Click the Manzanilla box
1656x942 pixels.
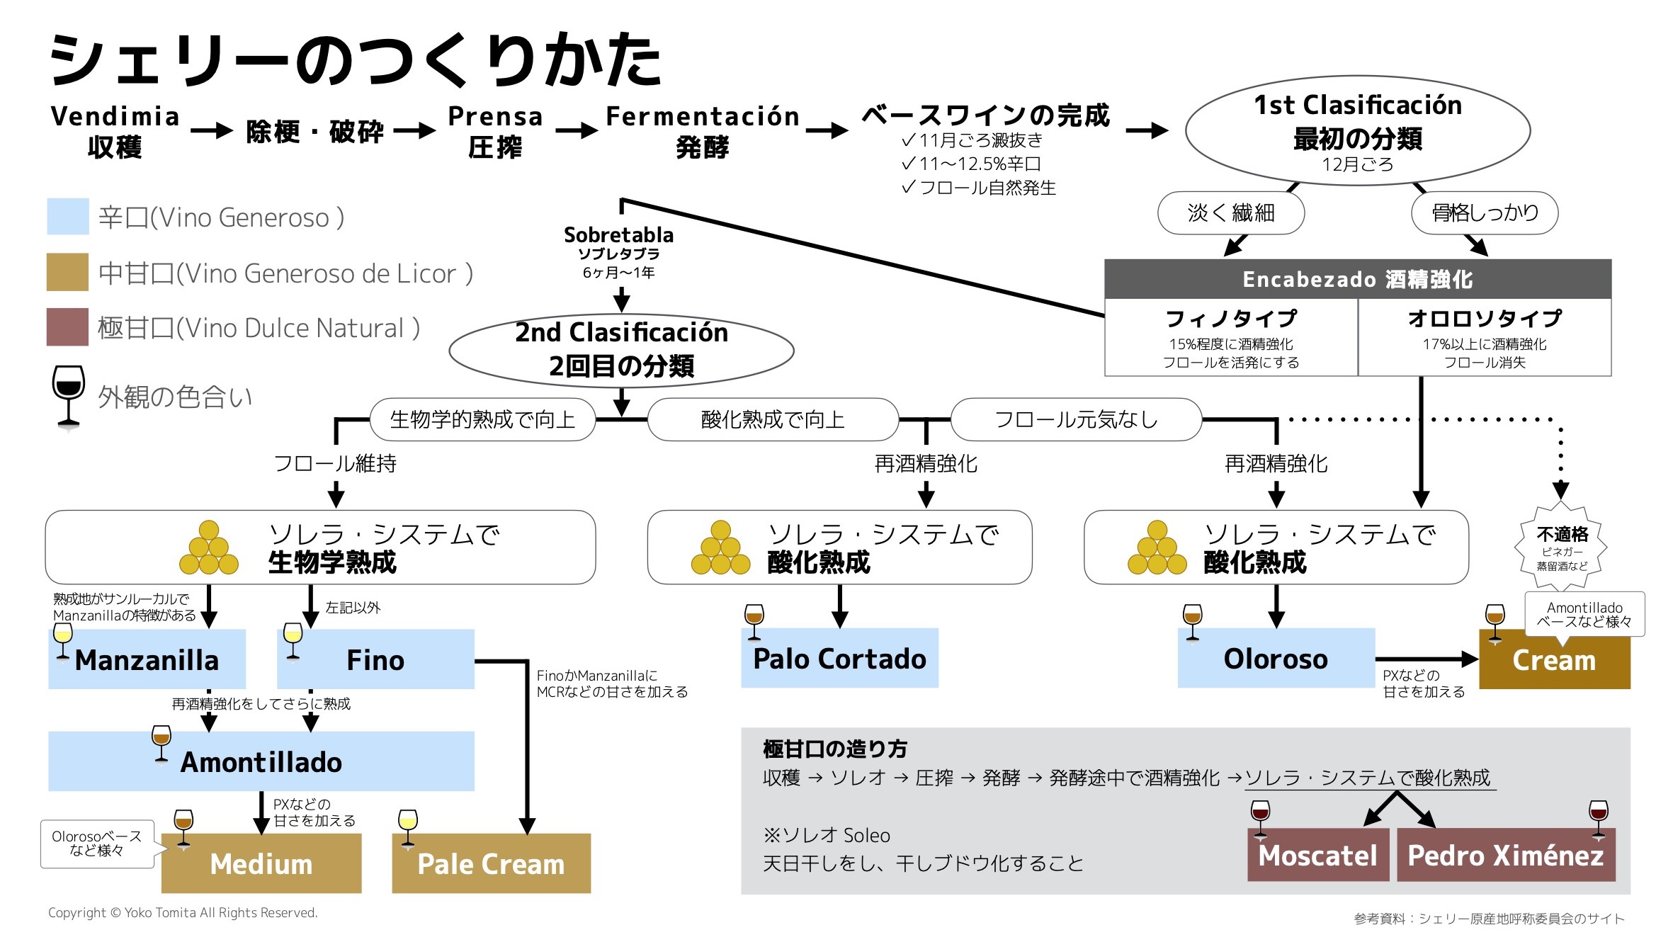(147, 659)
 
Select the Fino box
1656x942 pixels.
(375, 659)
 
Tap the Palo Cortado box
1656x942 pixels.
(839, 658)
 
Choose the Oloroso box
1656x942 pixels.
(1276, 658)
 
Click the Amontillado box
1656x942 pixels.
(261, 761)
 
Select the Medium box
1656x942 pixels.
(261, 863)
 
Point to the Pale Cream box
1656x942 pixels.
(491, 863)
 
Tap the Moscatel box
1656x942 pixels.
(1317, 855)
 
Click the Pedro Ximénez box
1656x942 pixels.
(1505, 855)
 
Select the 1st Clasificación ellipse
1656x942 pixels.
(1357, 131)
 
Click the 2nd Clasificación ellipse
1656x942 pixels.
(621, 350)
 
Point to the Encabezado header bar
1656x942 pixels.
(1357, 279)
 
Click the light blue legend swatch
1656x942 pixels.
(68, 217)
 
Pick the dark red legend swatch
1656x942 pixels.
(68, 327)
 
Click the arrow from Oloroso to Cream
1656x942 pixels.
(1425, 659)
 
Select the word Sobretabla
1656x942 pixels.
(618, 234)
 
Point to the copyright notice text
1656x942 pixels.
(183, 913)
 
